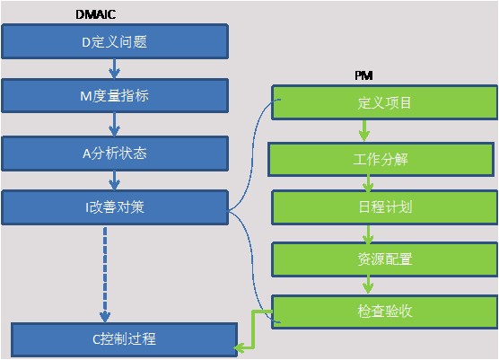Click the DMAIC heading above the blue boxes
(95, 14)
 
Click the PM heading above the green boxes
(363, 75)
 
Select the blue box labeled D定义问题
(115, 41)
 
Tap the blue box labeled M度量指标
(115, 95)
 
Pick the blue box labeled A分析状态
(115, 154)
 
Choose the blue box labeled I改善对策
(115, 207)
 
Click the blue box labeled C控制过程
(125, 339)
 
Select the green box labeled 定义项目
(384, 102)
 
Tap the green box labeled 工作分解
(381, 159)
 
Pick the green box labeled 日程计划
(384, 207)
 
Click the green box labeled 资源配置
(384, 259)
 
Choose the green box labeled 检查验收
(384, 312)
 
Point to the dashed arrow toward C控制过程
(105, 275)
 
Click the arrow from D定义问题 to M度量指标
(114, 68)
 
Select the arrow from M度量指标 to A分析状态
(114, 125)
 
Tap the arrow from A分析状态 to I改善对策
(114, 180)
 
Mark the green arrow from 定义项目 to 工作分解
(364, 131)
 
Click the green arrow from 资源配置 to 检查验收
(368, 285)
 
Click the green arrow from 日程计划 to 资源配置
(368, 234)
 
